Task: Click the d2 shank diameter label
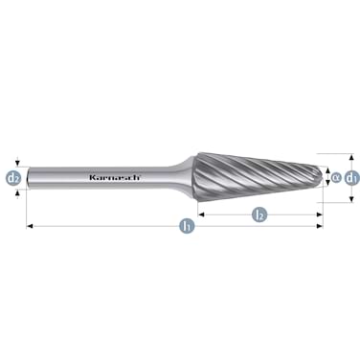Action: [13, 177]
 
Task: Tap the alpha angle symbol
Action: [336, 176]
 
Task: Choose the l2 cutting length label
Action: [259, 214]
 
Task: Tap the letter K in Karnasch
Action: [91, 177]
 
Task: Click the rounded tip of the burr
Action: [320, 176]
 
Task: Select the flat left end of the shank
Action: [29, 177]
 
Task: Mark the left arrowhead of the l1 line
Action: [31, 227]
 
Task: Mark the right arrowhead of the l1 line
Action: [319, 227]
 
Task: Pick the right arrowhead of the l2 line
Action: [319, 214]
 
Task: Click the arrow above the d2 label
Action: [13, 164]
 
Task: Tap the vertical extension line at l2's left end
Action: [197, 206]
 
